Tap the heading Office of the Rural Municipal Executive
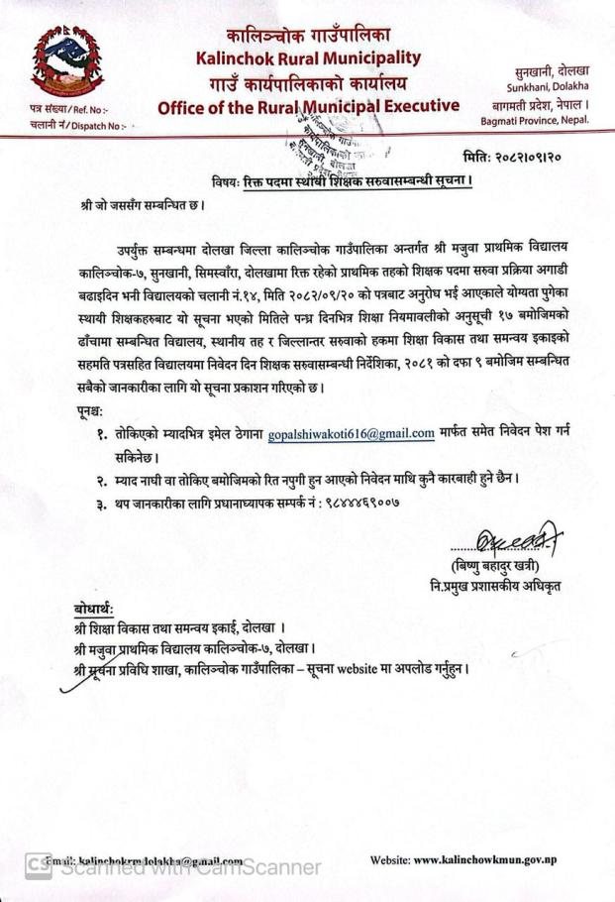click(x=308, y=105)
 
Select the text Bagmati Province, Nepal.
click(x=535, y=120)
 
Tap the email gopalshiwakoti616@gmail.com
click(x=352, y=433)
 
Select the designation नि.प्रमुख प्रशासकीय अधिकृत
click(x=500, y=586)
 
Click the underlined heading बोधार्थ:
click(x=94, y=608)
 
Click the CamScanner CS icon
click(x=37, y=866)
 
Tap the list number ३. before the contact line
click(x=101, y=503)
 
